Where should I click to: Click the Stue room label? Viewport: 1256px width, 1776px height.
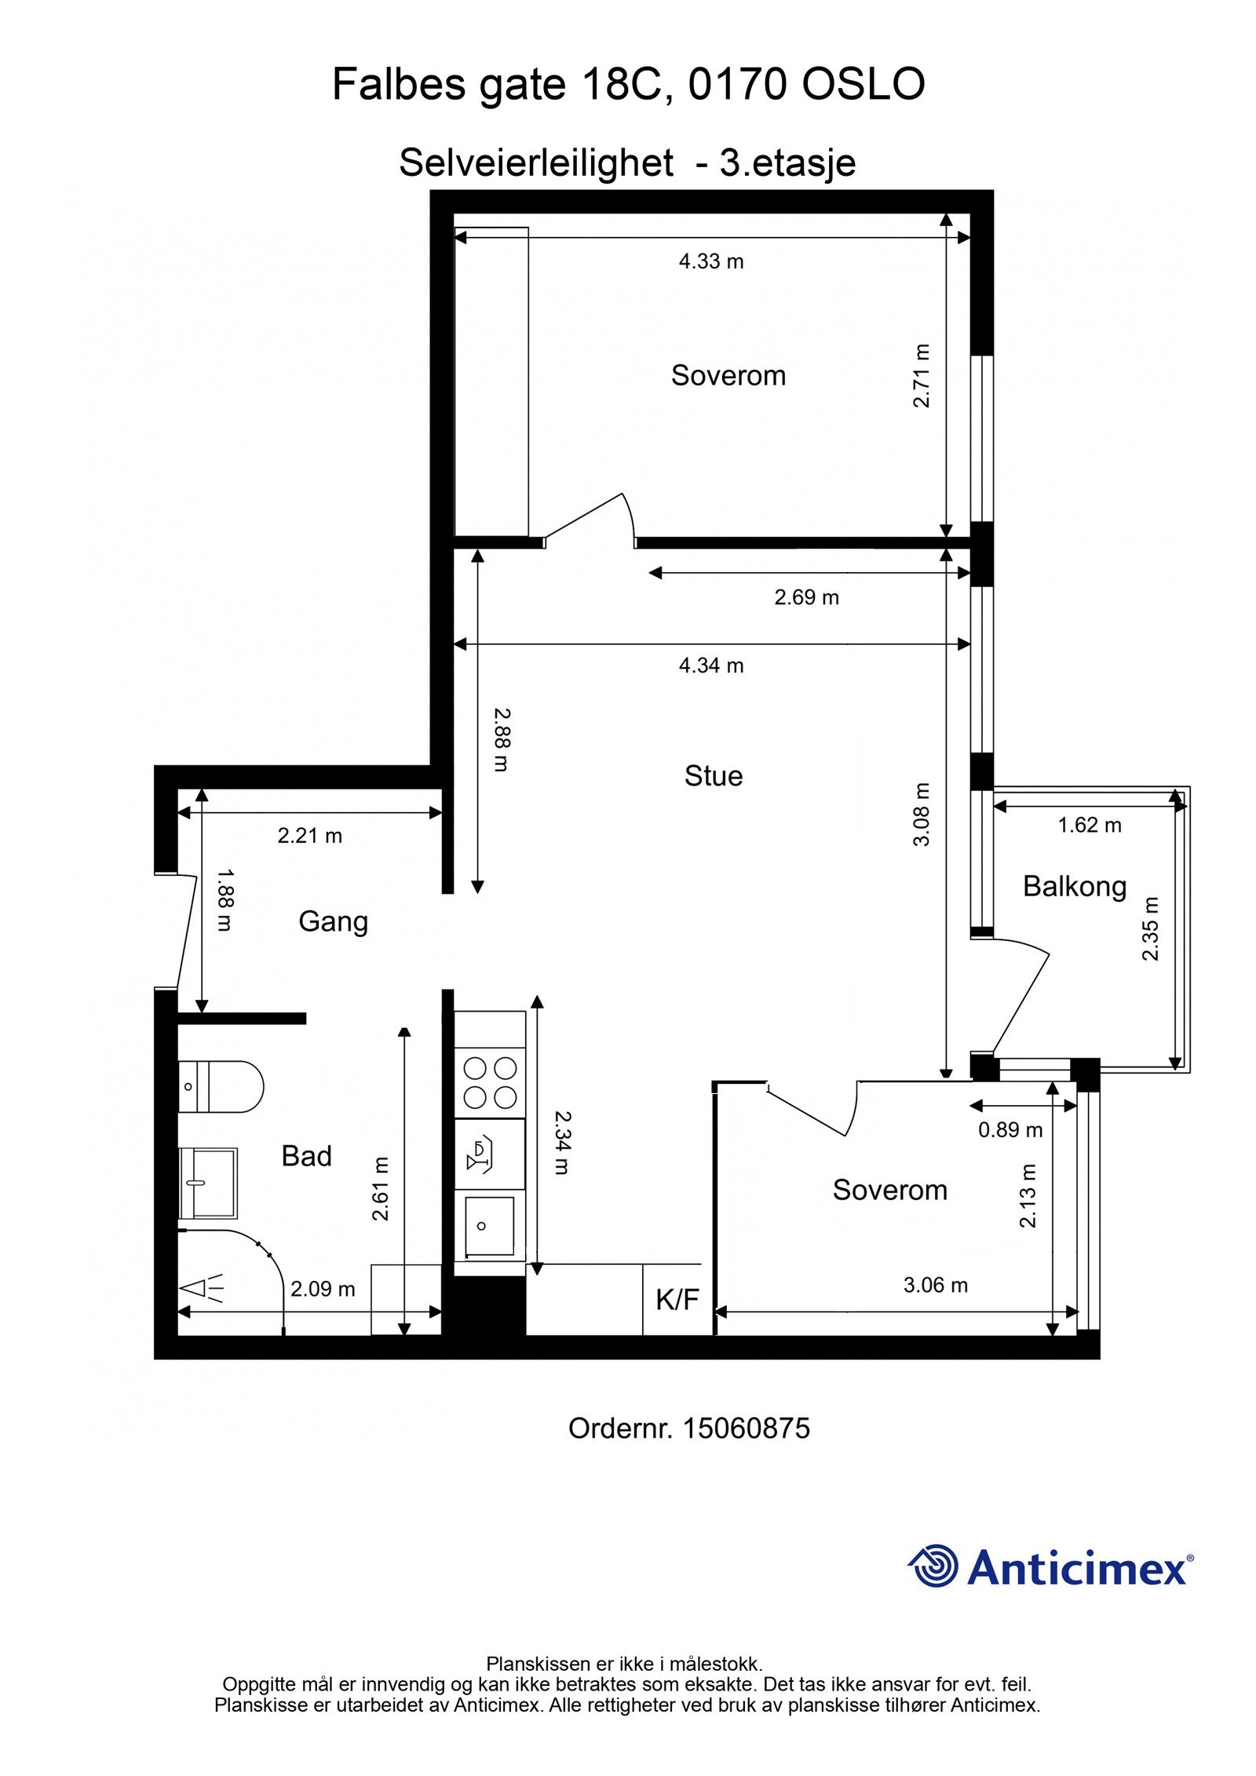713,776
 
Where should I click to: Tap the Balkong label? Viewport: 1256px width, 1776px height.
1074,887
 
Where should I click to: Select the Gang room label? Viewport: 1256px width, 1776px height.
333,921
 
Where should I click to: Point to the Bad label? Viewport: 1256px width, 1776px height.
306,1156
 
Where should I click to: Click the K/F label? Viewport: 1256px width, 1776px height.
677,1300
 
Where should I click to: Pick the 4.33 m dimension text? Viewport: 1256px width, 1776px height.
711,261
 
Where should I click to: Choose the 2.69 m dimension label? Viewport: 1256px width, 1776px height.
806,597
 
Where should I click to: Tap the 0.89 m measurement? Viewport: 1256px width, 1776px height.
1010,1130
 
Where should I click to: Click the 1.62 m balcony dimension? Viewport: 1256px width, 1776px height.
1090,825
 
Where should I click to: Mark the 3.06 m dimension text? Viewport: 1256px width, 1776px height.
935,1286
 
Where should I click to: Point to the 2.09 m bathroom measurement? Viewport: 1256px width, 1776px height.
323,1289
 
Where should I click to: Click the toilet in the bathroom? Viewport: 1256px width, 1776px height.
221,1087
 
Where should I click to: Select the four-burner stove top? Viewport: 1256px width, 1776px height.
490,1082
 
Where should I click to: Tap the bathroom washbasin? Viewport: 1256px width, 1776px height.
208,1183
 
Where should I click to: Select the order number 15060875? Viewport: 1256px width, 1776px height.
746,1428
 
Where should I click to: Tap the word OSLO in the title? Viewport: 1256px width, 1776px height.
863,85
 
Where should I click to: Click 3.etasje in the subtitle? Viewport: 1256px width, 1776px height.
787,164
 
